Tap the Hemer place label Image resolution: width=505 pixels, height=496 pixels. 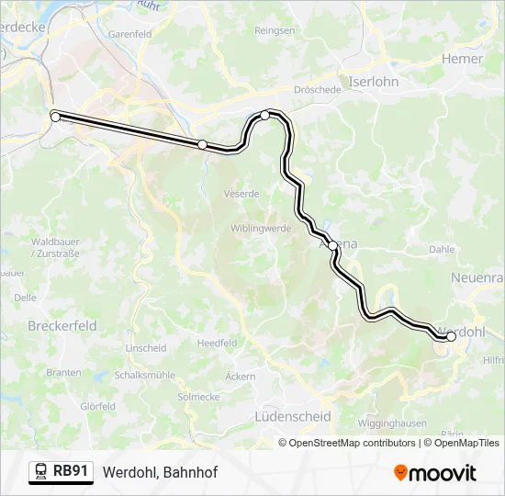(462, 59)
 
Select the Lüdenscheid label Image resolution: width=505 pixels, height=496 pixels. (291, 416)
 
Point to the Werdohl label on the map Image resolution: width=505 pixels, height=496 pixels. (463, 331)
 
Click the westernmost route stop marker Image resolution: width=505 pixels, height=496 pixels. (55, 117)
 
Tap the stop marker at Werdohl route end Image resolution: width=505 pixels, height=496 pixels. (451, 337)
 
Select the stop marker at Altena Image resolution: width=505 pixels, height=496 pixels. (333, 246)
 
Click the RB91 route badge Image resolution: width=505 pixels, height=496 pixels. (62, 472)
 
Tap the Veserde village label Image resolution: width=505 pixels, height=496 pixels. (241, 194)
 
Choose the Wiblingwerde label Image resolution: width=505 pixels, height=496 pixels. (261, 228)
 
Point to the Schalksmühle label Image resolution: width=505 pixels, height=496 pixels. (145, 376)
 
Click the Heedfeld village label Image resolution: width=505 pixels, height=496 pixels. (217, 343)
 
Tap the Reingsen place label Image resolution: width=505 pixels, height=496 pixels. (275, 30)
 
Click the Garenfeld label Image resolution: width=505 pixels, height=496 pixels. (129, 34)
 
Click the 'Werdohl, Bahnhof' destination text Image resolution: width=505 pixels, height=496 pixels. (160, 472)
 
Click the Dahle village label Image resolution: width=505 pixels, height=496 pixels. (441, 249)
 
